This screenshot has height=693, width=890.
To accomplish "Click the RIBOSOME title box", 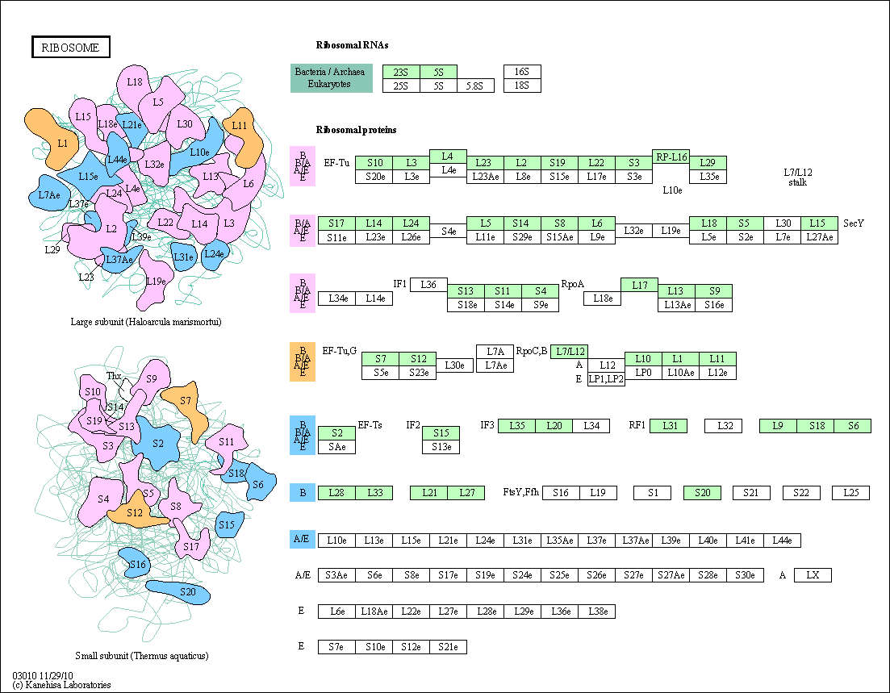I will (x=70, y=48).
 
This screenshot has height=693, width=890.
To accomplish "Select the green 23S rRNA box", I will (x=401, y=72).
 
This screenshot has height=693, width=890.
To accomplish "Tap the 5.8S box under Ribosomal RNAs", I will (x=475, y=86).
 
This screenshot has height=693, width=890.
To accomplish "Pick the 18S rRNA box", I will (x=522, y=86).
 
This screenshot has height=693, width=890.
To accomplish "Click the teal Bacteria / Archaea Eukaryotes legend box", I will (x=332, y=78).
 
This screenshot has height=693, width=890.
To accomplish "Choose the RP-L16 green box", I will (x=671, y=157).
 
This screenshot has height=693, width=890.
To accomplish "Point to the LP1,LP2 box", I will (x=606, y=379).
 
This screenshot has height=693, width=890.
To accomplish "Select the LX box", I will (x=813, y=575).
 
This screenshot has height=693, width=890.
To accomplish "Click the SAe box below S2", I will (x=336, y=447).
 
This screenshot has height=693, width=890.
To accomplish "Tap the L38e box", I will (x=596, y=612).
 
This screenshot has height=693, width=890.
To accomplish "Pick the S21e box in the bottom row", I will (x=448, y=647).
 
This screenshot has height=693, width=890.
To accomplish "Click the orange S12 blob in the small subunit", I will (x=135, y=513).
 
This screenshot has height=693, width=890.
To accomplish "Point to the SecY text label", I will (x=854, y=223).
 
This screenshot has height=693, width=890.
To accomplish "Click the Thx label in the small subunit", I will (x=114, y=376).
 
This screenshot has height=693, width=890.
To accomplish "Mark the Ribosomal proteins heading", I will (x=356, y=130).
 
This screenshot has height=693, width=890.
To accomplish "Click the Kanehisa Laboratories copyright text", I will (x=61, y=685).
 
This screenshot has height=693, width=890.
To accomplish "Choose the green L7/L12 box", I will (x=569, y=351).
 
